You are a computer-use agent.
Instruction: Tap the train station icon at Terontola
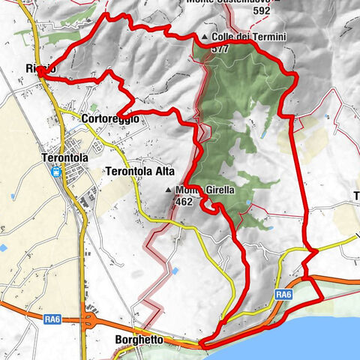click(55, 171)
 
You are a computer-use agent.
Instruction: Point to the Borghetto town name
click(139, 340)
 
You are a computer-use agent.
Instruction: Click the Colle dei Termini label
click(238, 37)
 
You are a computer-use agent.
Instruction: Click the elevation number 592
click(262, 10)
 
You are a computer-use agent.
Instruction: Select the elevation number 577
click(220, 48)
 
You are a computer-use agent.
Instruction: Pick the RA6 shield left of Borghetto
click(52, 319)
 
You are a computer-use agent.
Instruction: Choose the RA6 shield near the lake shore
click(282, 295)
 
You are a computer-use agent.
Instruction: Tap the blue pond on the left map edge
click(3, 247)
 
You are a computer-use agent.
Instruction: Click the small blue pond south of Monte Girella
click(175, 270)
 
